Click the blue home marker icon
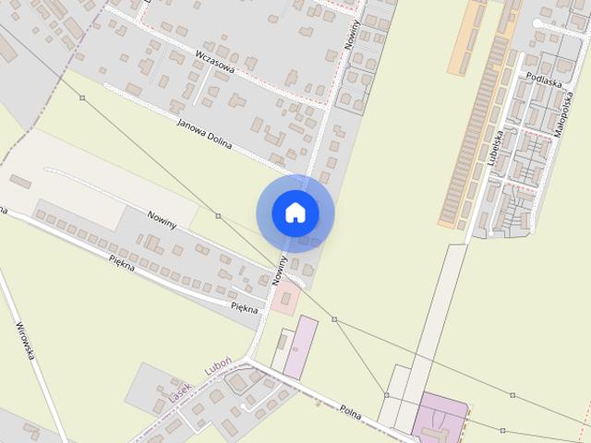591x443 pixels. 295,212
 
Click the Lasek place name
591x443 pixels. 179,391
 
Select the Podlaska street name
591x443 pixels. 542,81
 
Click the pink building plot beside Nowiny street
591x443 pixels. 285,299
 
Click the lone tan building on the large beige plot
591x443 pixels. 20,181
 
